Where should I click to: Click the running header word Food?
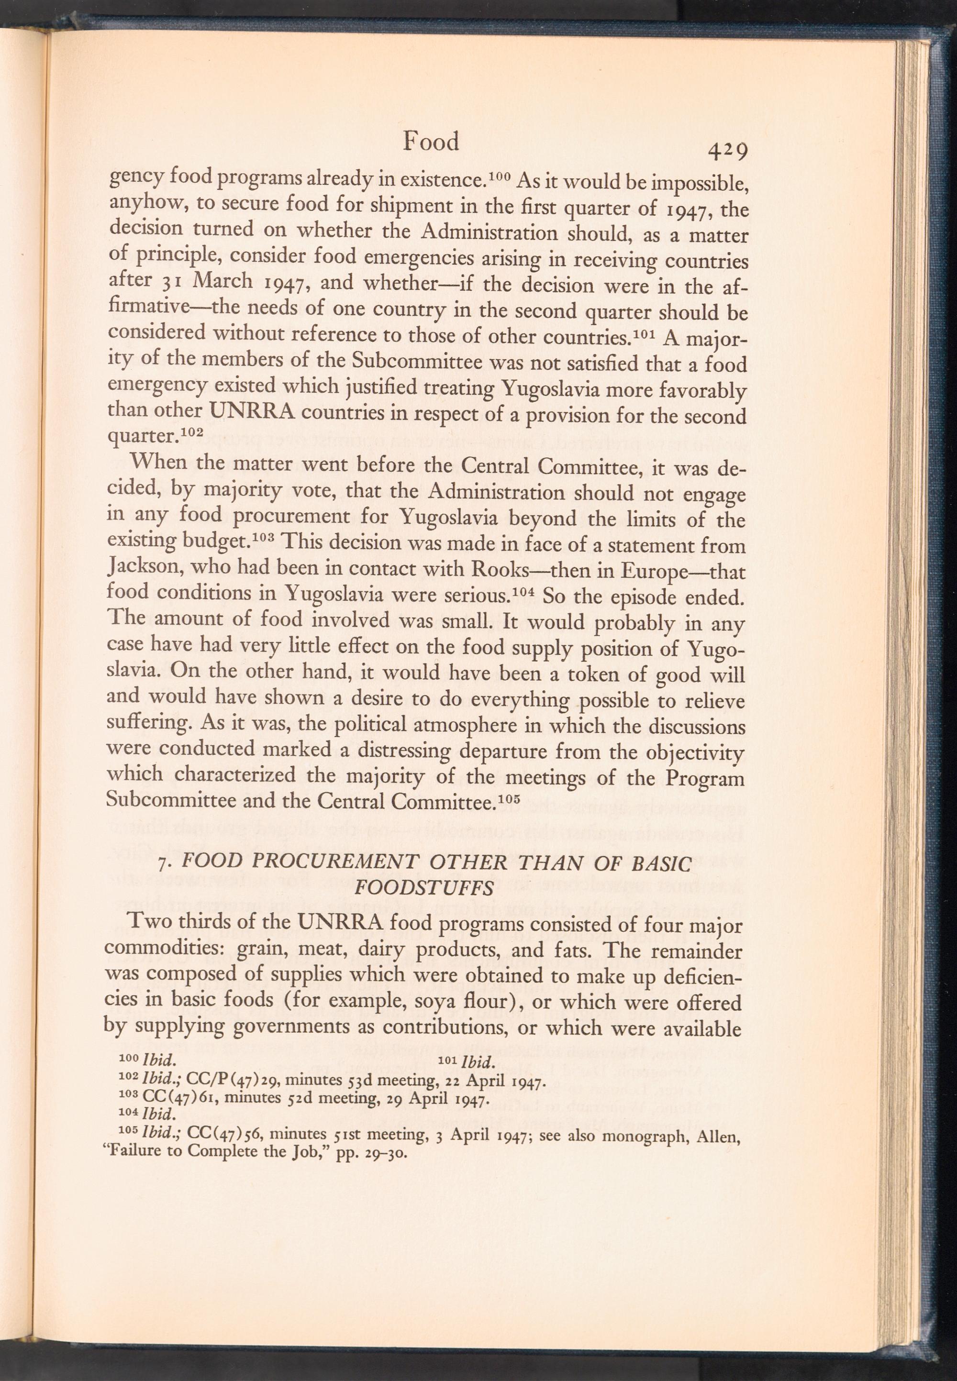coord(431,142)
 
